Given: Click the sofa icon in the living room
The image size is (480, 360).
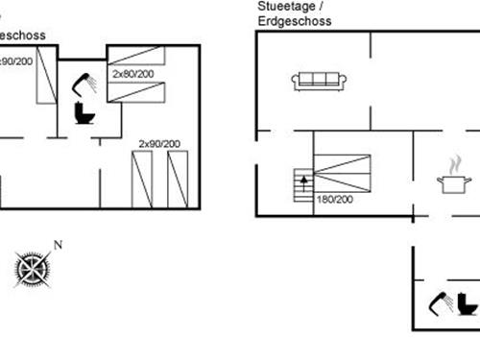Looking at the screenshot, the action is click(321, 81).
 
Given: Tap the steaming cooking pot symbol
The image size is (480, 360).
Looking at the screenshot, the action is click(452, 179).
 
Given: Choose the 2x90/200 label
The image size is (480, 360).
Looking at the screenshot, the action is click(159, 143).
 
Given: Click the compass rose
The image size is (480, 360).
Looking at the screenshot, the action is click(34, 266).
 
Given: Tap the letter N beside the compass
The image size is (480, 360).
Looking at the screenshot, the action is click(58, 245).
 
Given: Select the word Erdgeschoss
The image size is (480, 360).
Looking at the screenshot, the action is click(290, 20).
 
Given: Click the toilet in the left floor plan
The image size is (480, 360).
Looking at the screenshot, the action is click(84, 113).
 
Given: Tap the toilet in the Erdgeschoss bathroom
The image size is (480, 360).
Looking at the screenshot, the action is click(468, 304).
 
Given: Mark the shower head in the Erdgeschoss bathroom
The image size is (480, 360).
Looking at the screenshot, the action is click(441, 303).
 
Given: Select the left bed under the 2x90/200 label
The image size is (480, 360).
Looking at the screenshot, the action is click(142, 179).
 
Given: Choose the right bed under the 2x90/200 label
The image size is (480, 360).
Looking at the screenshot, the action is click(178, 179).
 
